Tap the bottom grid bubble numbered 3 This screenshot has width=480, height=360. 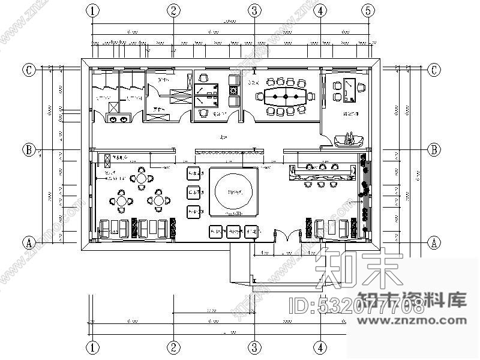[x=254, y=347]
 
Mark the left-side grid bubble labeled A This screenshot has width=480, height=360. [x=28, y=242]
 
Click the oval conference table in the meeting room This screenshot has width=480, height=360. [x=285, y=96]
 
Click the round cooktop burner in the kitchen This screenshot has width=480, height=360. [x=233, y=91]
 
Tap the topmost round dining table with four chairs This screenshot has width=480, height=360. [x=141, y=178]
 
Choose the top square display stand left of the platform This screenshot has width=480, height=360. [x=194, y=174]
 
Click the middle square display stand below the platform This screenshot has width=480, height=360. [x=234, y=232]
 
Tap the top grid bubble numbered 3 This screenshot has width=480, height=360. [x=254, y=10]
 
